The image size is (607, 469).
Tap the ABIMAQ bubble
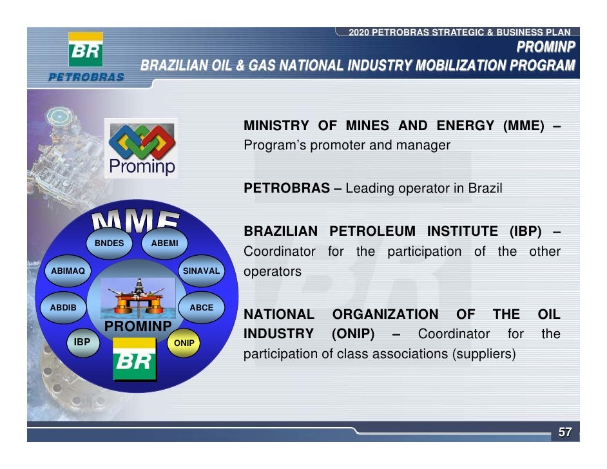68,271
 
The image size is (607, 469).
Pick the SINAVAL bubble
202,271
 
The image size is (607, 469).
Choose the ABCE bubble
201,308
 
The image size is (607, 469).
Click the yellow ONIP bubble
184,343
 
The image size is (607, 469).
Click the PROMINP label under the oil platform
137,327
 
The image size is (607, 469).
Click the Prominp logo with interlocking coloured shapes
141,148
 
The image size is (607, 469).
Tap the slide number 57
564,433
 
